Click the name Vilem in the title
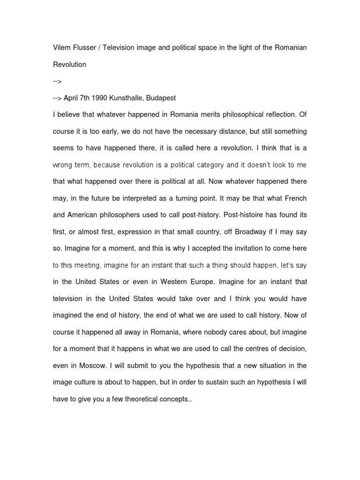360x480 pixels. pyautogui.click(x=61, y=49)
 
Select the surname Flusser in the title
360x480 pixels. pyautogui.click(x=85, y=49)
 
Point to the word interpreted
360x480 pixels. pyautogui.click(x=143, y=199)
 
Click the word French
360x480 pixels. pyautogui.click(x=294, y=199)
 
